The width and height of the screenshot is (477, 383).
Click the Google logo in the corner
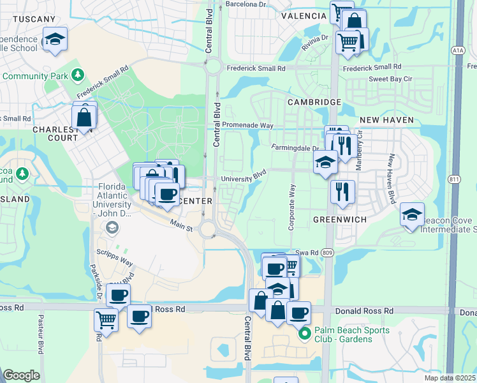[x=21, y=375]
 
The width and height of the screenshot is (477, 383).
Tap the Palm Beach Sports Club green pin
[x=305, y=333]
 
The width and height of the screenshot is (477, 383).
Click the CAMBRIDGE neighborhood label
[x=314, y=102]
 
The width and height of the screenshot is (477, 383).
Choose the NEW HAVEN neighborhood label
[x=386, y=120]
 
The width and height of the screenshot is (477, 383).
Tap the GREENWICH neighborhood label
[x=340, y=219]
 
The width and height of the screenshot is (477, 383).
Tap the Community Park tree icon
[x=77, y=75]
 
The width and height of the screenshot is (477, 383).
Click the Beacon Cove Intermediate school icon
[x=412, y=214]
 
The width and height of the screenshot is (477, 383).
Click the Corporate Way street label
[x=293, y=207]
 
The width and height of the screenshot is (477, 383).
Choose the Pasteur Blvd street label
[x=40, y=335]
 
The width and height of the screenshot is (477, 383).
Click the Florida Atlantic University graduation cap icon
[x=112, y=227]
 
